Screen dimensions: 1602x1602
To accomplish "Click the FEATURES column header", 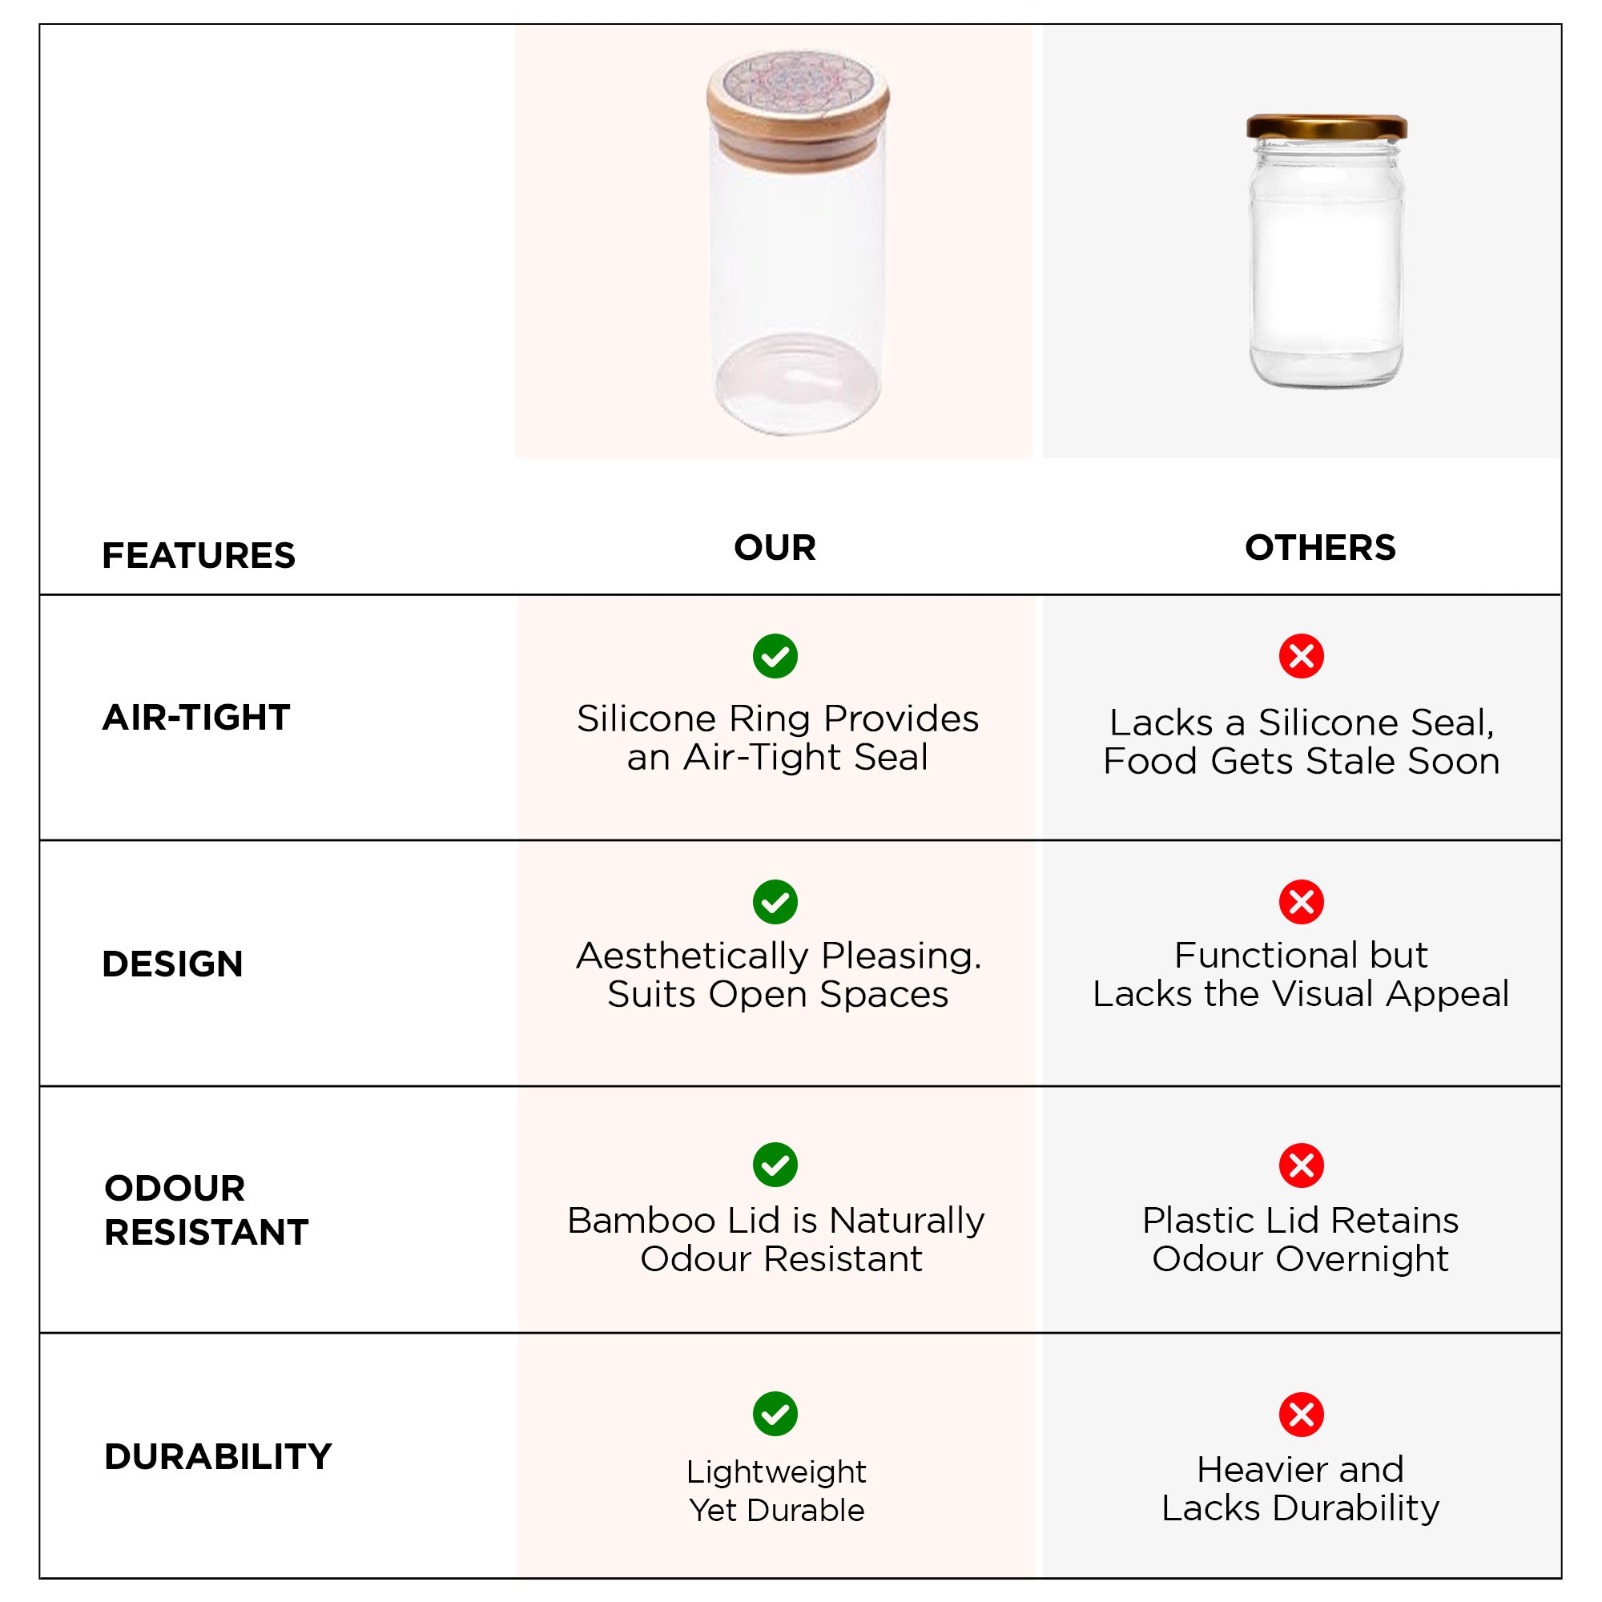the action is point(198,556).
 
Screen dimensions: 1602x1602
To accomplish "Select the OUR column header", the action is point(775,547).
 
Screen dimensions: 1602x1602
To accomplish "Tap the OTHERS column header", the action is point(1320,547).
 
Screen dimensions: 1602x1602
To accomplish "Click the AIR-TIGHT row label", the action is point(195,717).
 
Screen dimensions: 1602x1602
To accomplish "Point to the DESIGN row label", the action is point(172,964).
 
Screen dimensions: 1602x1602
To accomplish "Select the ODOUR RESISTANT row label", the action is point(206,1210).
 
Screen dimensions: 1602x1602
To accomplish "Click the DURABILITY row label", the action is point(217,1456).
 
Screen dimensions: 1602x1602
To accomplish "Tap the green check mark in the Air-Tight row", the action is point(775,657).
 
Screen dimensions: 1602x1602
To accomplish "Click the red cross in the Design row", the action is point(1301,902).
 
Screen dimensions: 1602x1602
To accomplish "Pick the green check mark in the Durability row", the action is point(775,1414).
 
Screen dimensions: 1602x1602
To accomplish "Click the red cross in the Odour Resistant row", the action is point(1301,1165).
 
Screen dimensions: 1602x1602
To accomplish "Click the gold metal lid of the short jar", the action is point(1326,127).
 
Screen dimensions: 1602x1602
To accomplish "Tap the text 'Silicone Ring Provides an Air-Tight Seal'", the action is point(778,738).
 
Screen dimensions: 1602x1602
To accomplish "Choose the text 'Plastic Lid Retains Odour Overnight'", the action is point(1300,1239).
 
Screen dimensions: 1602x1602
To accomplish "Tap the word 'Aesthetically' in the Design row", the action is point(690,957).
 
